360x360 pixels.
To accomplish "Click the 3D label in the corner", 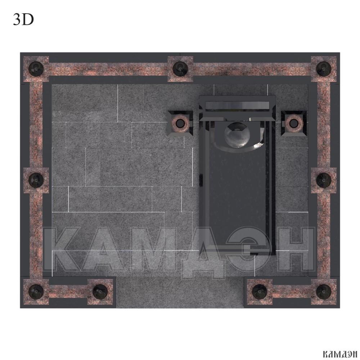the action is click(23, 19).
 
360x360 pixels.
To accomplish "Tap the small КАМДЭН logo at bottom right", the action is click(340, 354).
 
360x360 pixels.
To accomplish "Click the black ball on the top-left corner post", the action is click(36, 68).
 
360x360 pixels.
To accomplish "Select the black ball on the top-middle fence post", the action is click(180, 68).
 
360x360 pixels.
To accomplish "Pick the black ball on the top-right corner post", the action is click(324, 68).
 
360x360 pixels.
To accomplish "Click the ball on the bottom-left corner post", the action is click(36, 292).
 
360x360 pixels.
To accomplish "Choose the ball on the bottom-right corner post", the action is click(324, 292).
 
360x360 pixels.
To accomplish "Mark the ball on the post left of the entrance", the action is click(100, 292).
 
